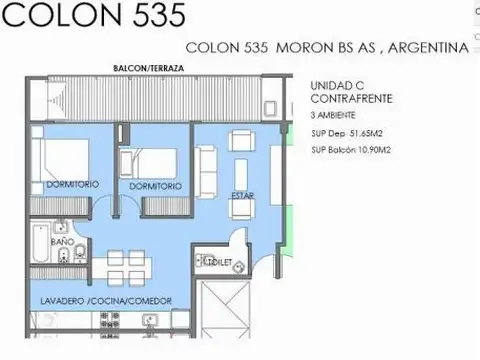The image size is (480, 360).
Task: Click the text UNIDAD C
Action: pos(338,87)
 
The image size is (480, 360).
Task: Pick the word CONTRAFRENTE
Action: pos(351,101)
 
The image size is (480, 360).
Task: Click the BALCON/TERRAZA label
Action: pos(148,68)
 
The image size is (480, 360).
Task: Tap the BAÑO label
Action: pos(61,243)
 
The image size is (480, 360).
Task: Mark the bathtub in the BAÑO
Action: pos(38,240)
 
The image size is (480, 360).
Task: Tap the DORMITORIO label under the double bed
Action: pos(72,185)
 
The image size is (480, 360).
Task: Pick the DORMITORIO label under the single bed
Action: pos(155,186)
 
